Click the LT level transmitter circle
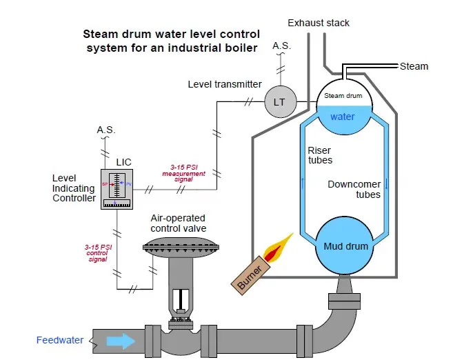(280, 101)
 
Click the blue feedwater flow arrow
(121, 341)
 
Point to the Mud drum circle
(345, 246)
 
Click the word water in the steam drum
(343, 117)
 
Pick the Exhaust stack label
(319, 23)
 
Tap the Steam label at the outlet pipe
(414, 66)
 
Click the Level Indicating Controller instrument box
(117, 189)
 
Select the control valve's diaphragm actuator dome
(181, 248)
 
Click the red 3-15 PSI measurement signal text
(183, 173)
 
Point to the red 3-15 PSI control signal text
(98, 253)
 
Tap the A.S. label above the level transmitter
(282, 46)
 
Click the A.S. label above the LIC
(106, 130)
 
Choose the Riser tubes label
(320, 155)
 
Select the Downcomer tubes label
(354, 189)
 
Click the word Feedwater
(60, 340)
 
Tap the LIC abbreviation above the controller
(123, 162)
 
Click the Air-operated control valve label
(179, 223)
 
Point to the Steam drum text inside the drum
(343, 96)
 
